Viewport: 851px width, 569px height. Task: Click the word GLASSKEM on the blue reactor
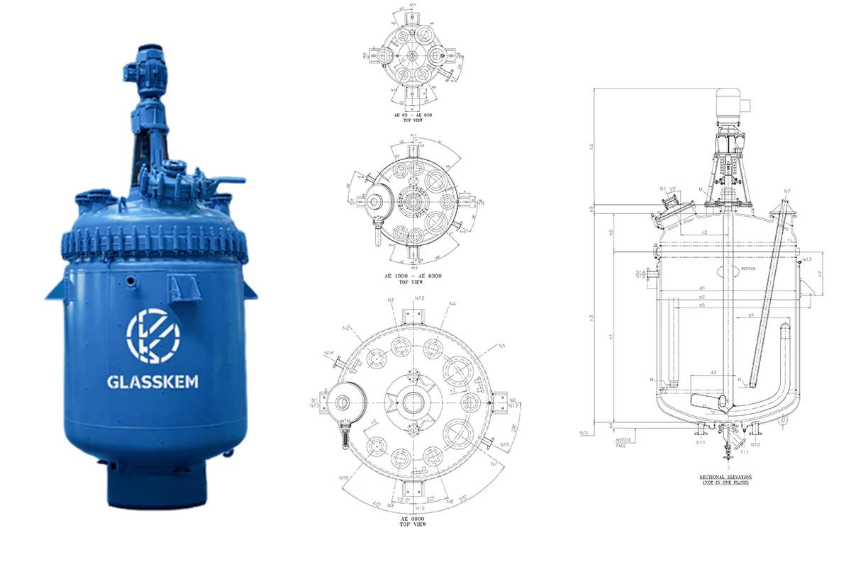(x=152, y=382)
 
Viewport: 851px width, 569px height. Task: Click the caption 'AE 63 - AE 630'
(x=413, y=115)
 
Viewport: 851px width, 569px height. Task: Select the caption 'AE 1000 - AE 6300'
(x=413, y=276)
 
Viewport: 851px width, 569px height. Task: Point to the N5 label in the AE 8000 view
(x=501, y=346)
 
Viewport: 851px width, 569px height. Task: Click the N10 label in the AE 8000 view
(x=344, y=478)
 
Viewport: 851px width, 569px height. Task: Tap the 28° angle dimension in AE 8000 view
(x=513, y=429)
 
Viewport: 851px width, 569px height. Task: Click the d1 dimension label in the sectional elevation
(x=701, y=288)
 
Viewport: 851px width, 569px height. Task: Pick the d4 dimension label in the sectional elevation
(x=750, y=314)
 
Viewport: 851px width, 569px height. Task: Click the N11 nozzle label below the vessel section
(x=701, y=444)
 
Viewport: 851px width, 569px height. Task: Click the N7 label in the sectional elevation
(x=786, y=191)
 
